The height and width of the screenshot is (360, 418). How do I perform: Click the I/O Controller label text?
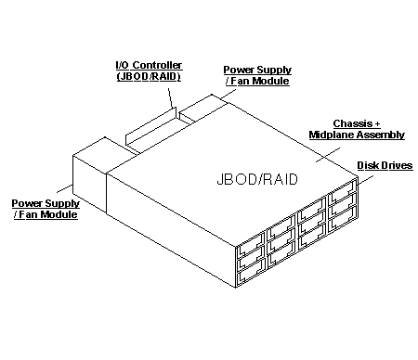pyautogui.click(x=148, y=70)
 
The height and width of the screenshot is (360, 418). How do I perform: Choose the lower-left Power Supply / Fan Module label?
pyautogui.click(x=45, y=209)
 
